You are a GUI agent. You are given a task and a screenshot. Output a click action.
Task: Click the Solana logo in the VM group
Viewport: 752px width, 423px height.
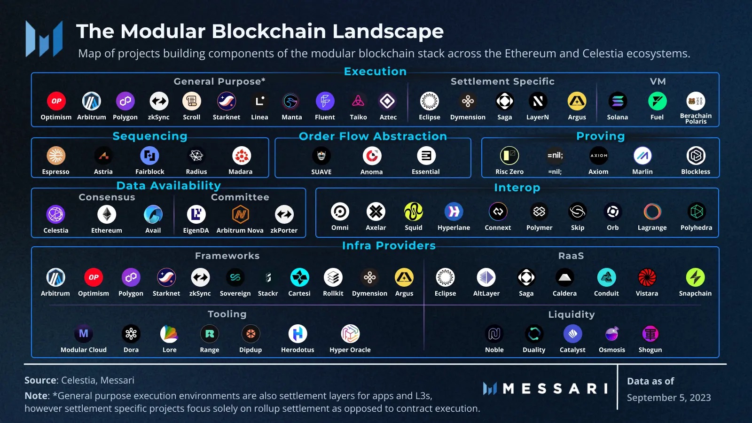(x=617, y=101)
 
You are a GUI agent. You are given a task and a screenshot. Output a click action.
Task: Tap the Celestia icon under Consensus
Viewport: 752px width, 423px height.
(x=56, y=214)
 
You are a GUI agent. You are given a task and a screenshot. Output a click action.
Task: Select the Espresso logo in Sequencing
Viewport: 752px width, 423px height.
(x=56, y=156)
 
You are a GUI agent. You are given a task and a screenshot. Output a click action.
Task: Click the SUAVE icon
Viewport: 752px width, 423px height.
(x=321, y=156)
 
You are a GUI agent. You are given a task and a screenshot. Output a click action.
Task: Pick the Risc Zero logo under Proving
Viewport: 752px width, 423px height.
(x=509, y=156)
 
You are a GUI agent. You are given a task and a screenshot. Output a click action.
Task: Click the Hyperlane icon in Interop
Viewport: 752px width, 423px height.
(x=454, y=211)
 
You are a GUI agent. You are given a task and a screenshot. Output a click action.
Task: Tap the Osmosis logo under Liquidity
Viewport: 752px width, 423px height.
(x=612, y=334)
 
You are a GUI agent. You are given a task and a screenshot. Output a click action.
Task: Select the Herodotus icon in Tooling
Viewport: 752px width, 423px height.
(x=298, y=334)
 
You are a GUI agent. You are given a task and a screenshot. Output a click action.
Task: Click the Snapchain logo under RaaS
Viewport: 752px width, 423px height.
(x=695, y=277)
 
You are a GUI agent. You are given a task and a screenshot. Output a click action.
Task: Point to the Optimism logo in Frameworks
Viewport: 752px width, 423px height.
(x=94, y=277)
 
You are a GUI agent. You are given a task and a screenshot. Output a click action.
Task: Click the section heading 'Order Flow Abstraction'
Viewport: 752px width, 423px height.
(x=373, y=136)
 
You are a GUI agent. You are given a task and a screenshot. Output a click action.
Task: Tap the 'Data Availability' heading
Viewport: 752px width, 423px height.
(x=168, y=186)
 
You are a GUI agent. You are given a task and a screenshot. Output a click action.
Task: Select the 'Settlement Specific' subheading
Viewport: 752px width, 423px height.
(x=502, y=81)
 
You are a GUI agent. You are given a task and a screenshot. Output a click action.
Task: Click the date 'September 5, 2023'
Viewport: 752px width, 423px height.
(x=668, y=398)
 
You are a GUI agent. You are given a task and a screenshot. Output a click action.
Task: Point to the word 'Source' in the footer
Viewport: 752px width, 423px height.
(x=40, y=380)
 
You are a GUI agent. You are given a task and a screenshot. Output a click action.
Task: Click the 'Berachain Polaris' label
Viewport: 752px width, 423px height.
(x=696, y=118)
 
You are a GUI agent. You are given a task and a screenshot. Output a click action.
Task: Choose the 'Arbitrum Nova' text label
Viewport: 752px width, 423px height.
(x=240, y=230)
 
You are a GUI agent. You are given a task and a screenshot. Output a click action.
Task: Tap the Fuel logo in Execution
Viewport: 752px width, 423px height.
(x=657, y=101)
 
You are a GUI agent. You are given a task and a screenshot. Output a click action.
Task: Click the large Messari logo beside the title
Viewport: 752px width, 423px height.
(x=44, y=39)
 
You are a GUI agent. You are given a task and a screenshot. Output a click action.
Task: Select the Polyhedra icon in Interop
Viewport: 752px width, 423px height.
(x=696, y=211)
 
